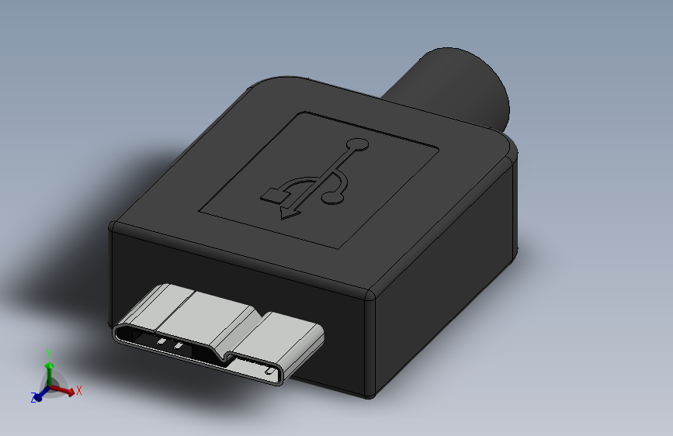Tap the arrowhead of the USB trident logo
pos(289,212)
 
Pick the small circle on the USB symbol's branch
pos(334,199)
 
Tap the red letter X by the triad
pos(79,391)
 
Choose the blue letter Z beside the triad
pos(33,398)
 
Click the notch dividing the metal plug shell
pos(227,356)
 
